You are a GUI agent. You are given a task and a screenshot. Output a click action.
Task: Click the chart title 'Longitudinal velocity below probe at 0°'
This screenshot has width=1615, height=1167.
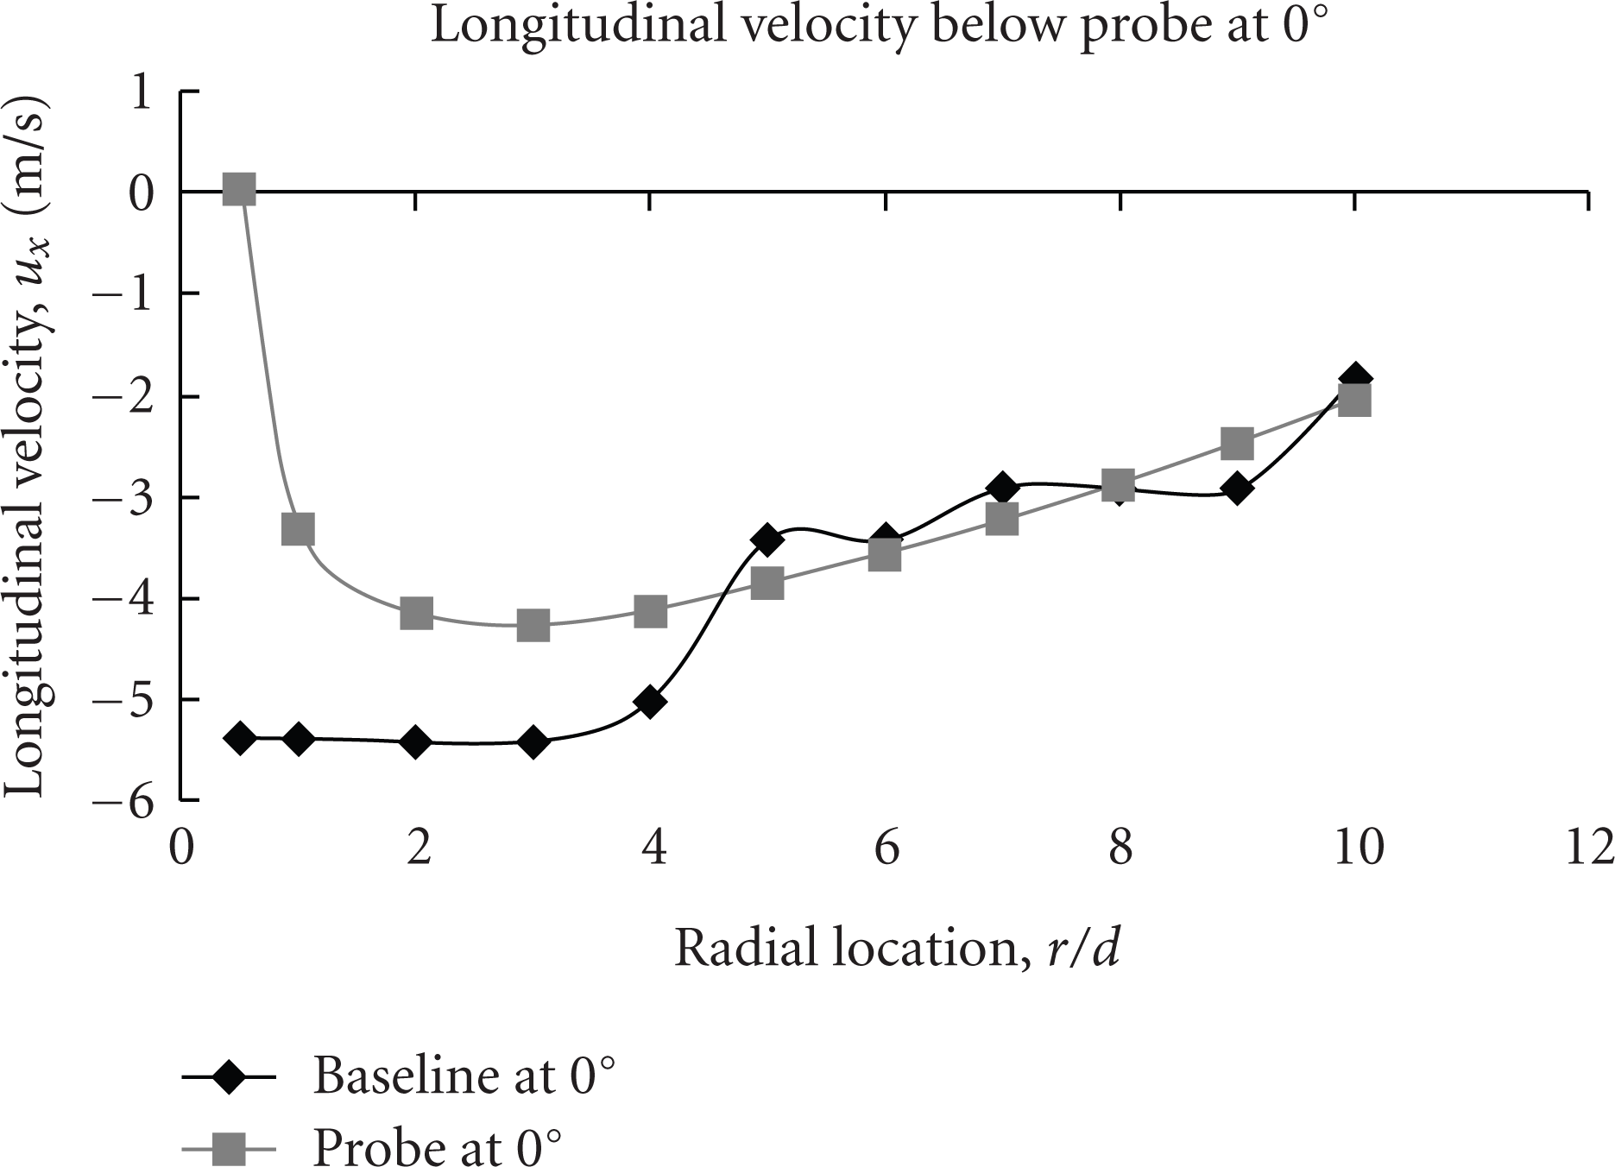pos(876,27)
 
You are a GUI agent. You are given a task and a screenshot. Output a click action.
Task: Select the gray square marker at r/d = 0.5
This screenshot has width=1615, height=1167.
pos(239,189)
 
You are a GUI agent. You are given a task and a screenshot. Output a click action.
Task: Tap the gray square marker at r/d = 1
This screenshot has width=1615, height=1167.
pos(298,528)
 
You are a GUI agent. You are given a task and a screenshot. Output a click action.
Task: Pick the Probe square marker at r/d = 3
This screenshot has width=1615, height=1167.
pos(533,625)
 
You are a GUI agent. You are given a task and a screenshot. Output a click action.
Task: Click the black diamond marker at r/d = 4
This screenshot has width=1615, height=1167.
pos(650,702)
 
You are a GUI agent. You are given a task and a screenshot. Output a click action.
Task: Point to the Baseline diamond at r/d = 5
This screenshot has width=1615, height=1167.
pos(767,539)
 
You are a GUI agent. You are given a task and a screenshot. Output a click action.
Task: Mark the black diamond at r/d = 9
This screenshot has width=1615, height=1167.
pos(1237,489)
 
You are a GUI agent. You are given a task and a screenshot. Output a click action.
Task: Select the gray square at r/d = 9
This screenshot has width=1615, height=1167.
pos(1237,443)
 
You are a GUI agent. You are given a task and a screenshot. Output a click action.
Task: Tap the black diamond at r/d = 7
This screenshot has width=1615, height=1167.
pos(1002,488)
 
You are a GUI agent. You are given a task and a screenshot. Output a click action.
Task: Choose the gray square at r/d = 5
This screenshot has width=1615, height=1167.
pos(767,584)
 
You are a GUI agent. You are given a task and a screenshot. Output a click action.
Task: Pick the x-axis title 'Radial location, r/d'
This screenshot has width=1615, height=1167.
pos(897,949)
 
